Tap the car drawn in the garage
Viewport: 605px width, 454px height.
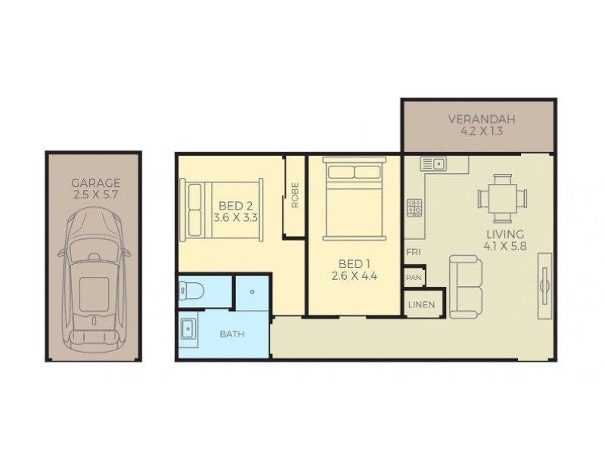[x=93, y=280]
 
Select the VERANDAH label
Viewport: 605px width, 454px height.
[x=481, y=120]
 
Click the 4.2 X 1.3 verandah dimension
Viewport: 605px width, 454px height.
[x=481, y=131]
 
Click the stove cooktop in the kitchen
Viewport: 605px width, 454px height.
[x=414, y=207]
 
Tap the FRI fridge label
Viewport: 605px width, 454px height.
[x=413, y=252]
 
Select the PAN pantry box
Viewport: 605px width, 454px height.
[x=414, y=278]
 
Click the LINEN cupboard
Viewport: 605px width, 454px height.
[x=423, y=304]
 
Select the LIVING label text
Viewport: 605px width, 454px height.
[x=504, y=234]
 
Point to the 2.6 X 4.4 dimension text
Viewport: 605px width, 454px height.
[x=354, y=276]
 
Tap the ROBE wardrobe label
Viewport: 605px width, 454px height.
[x=294, y=195]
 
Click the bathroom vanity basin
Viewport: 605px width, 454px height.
[x=188, y=331]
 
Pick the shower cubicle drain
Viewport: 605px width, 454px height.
[x=251, y=291]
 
